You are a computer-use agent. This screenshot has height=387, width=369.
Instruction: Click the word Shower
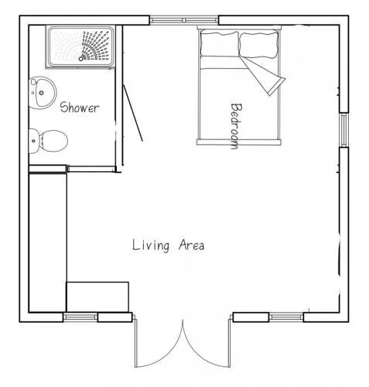[80, 108]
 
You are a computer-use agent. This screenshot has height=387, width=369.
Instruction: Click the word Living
[151, 245]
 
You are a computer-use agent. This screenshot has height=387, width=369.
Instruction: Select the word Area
[191, 245]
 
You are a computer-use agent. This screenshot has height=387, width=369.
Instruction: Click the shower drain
[81, 59]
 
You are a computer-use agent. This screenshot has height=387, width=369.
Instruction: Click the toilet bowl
[53, 141]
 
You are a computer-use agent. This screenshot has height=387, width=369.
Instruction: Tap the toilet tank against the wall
[34, 141]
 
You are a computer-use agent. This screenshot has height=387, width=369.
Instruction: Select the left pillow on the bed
[220, 43]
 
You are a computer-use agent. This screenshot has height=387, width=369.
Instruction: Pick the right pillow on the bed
[259, 45]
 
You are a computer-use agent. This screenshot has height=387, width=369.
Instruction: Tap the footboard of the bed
[239, 142]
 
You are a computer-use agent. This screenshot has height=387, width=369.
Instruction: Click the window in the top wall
[184, 20]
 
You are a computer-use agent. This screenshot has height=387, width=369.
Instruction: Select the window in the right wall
[344, 130]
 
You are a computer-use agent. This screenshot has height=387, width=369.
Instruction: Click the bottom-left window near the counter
[80, 317]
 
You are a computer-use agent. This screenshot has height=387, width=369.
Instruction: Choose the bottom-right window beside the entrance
[286, 317]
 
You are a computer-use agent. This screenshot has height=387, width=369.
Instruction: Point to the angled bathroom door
[132, 113]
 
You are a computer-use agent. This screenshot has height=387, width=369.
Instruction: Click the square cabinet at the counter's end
[97, 297]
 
